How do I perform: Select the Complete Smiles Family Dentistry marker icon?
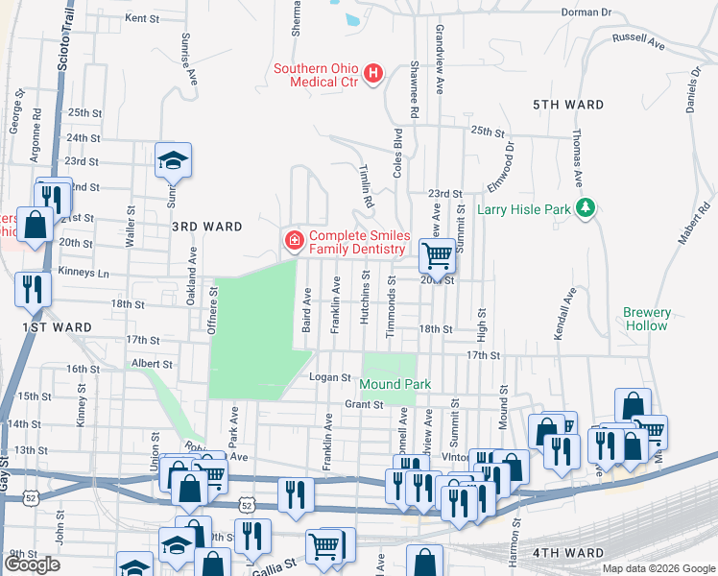click(x=292, y=241)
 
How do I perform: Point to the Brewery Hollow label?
click(x=645, y=319)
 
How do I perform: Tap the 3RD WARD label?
click(x=206, y=227)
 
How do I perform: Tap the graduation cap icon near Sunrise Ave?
click(x=174, y=160)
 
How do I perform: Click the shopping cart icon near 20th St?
click(x=437, y=255)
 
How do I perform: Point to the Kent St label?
click(x=141, y=18)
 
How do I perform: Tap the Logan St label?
click(x=323, y=377)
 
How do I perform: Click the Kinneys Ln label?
click(x=84, y=274)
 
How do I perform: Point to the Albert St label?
click(x=152, y=364)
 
